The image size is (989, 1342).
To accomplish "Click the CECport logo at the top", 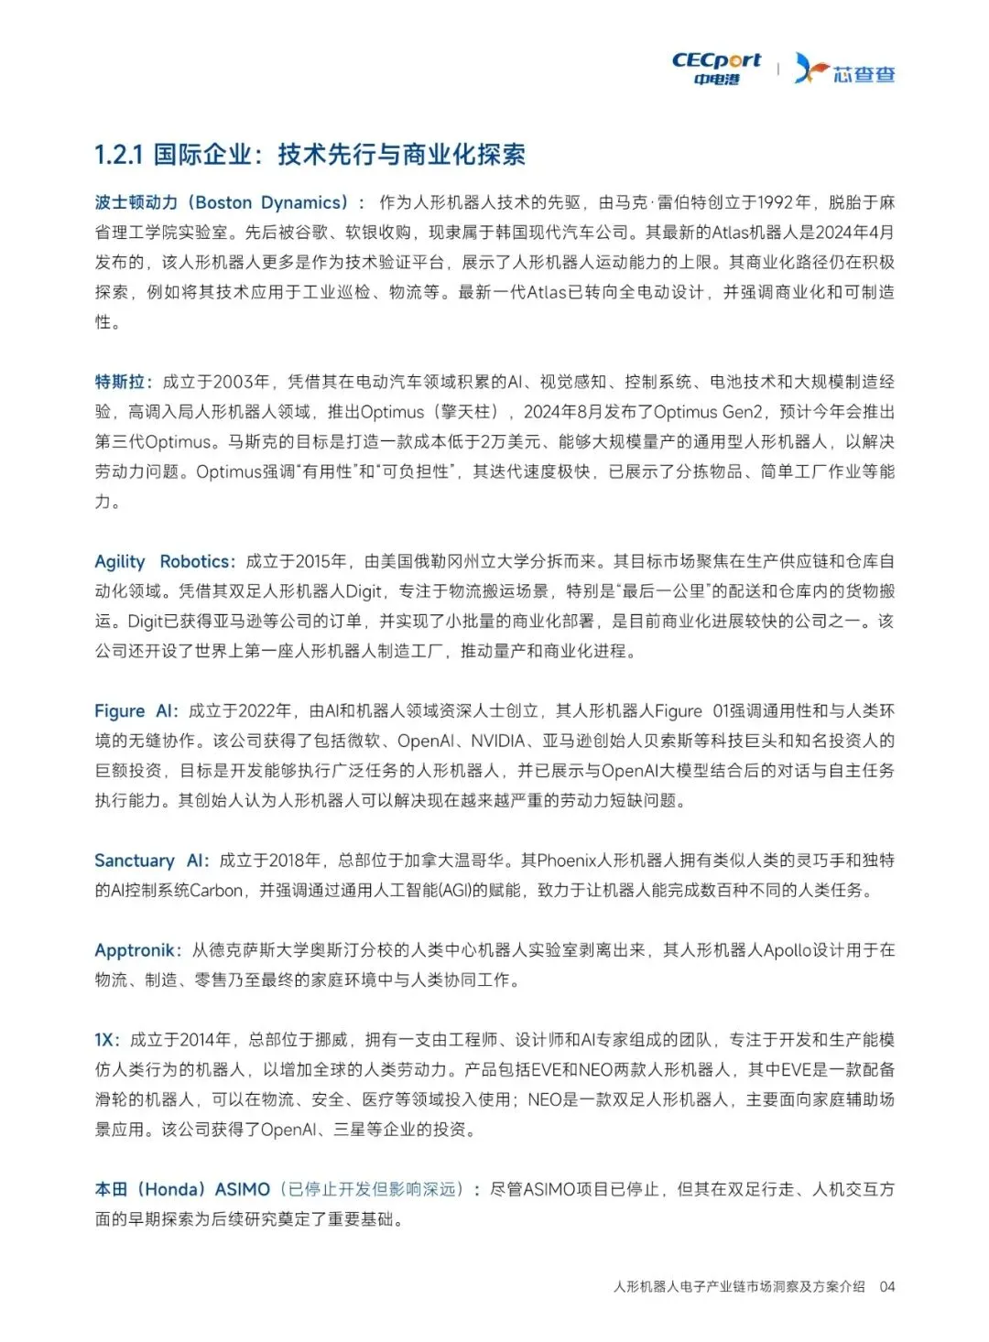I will coord(716,68).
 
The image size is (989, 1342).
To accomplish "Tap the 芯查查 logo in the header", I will coord(844,69).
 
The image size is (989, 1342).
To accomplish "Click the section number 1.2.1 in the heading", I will coord(119,155).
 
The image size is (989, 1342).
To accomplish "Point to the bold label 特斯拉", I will coord(120,382).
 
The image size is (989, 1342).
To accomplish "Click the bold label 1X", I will coord(105,1040).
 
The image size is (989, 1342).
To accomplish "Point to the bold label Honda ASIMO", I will coord(182,1189).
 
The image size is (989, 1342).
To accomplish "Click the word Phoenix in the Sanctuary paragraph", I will coord(567,860).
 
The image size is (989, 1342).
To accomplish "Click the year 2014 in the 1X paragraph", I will coord(206,1040).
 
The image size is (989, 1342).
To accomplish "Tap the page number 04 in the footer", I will coord(886,1286).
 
